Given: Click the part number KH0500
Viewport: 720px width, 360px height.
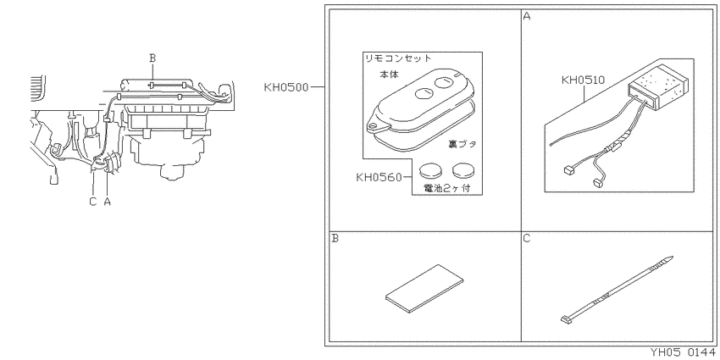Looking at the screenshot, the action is point(286,87).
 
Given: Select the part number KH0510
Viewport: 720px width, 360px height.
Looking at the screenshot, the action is point(583,80).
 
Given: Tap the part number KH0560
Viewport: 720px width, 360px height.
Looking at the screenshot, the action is point(379,177).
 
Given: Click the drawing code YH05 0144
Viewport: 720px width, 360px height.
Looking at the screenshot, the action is point(682,352).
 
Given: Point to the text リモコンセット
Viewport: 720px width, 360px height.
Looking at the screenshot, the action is point(398,58).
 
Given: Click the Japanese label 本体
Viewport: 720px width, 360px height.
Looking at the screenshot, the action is point(389,74).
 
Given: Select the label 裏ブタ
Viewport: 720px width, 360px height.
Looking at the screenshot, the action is point(462,144).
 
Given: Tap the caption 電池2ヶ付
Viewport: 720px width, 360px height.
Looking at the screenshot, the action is point(446,188).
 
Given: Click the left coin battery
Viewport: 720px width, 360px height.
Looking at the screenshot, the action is point(430,172).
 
